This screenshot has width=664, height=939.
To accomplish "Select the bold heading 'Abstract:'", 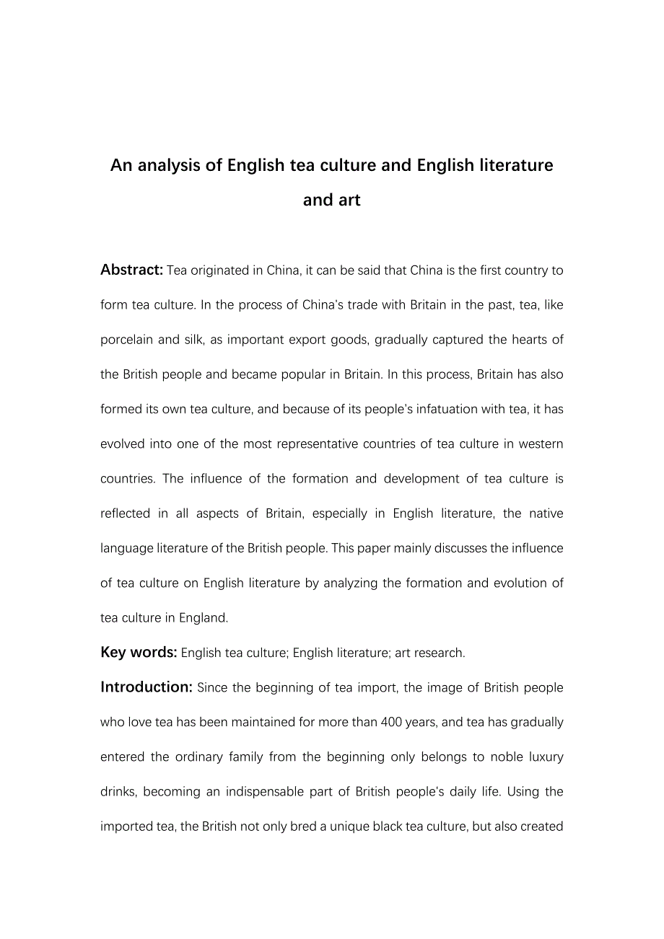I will point(131,270).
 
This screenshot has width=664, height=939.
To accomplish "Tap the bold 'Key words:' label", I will point(139,652).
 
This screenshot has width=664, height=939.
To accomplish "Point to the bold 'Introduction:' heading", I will point(147,687).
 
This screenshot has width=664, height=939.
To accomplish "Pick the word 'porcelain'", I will point(126,340).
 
